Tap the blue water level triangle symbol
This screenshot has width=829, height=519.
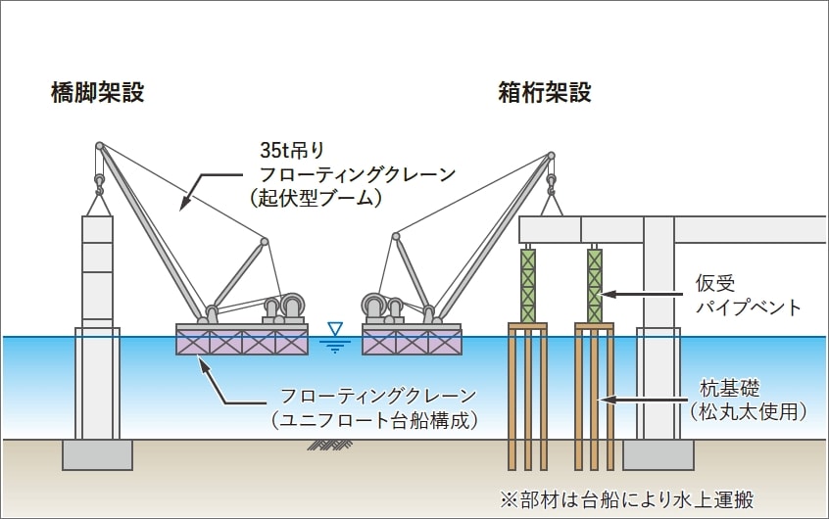(336, 331)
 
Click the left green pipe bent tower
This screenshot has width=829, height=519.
(528, 285)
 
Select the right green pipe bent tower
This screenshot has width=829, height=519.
(594, 285)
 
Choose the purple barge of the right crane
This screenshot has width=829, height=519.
(412, 341)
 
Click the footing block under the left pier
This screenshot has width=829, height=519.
(97, 454)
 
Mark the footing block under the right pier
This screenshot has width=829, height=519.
(658, 454)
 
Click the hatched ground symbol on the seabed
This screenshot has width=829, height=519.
(330, 445)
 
